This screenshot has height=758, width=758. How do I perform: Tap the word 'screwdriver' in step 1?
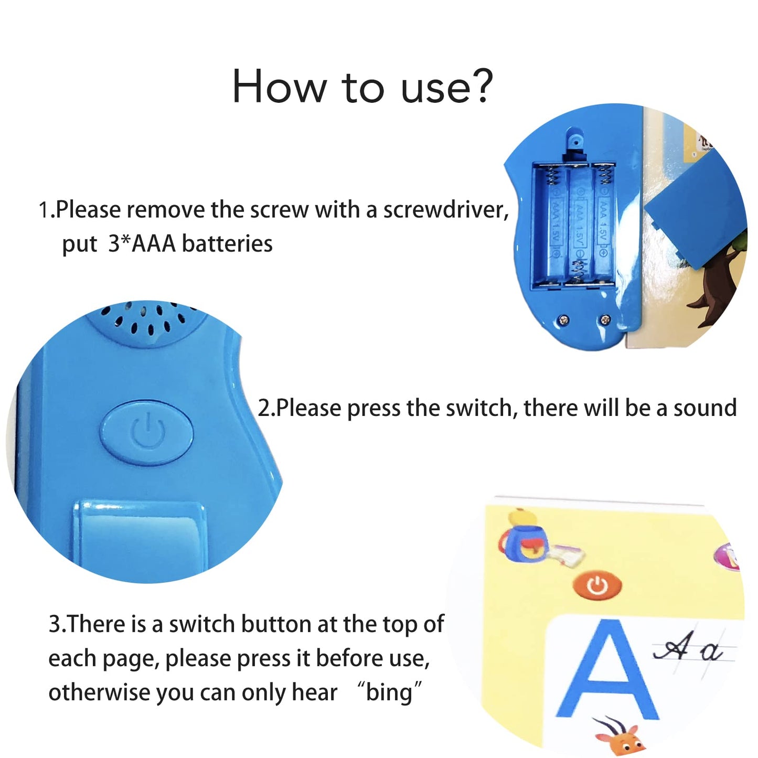[x=446, y=210]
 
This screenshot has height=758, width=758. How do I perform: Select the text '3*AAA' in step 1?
[x=142, y=243]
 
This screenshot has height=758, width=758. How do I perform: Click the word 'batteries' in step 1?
[x=227, y=243]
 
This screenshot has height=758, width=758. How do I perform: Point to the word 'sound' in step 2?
[x=705, y=408]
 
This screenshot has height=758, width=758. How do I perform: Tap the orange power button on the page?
[x=597, y=586]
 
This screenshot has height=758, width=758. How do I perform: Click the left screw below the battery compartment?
[x=565, y=319]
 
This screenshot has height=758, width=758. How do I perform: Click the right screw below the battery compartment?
[x=605, y=319]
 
